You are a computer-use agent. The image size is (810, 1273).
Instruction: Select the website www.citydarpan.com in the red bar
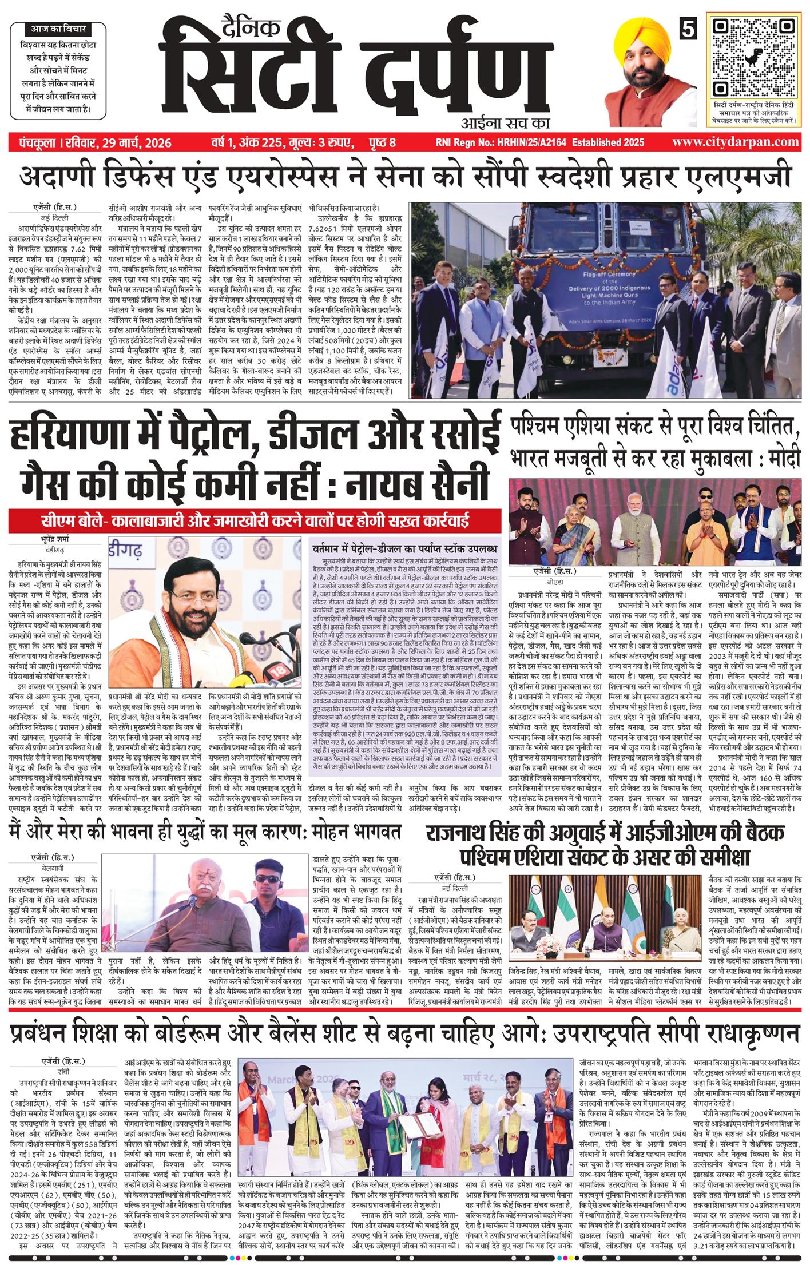[736, 142]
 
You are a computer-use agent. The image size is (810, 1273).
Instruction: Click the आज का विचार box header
[54, 28]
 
